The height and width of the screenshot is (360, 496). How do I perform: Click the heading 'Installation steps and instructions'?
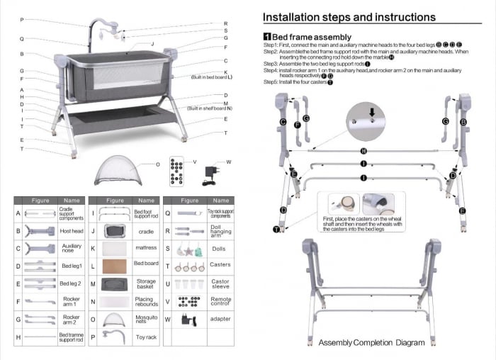tap(349, 17)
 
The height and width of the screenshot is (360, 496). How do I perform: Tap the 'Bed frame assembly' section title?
tap(311, 37)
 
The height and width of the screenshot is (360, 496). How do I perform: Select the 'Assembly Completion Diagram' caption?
tap(371, 343)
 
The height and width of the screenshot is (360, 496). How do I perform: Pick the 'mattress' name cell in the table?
tap(146, 248)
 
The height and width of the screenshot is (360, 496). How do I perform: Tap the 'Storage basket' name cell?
tap(146, 284)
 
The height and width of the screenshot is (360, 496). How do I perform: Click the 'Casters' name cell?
tap(220, 266)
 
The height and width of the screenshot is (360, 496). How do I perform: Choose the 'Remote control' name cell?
tap(220, 302)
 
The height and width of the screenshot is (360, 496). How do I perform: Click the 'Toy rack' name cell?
tap(146, 338)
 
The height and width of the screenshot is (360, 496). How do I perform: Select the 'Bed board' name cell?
tap(146, 263)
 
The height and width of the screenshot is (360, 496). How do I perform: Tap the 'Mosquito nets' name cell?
tap(146, 320)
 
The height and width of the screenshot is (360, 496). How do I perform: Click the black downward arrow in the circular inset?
tap(372, 111)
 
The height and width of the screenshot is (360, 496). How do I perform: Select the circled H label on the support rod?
tap(363, 152)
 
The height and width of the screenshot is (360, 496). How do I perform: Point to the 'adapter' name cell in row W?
tap(220, 320)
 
